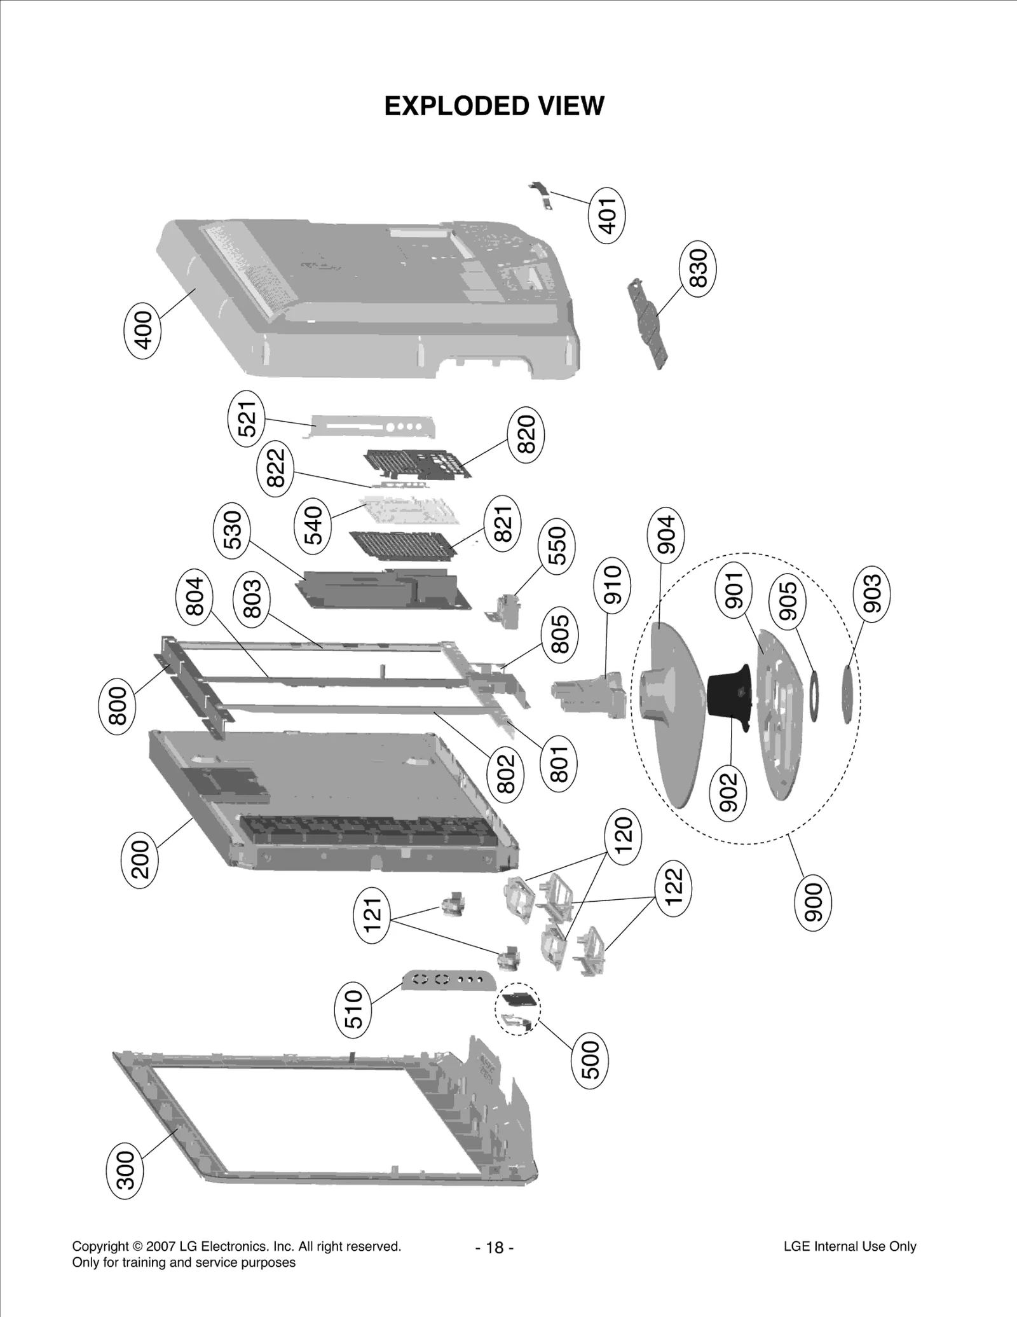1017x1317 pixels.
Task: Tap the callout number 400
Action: tap(142, 329)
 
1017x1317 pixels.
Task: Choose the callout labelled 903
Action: tap(871, 593)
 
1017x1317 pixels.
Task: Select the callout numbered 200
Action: tap(139, 859)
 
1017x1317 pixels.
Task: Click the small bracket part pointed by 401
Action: tap(540, 193)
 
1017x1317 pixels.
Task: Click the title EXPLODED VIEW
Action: tap(495, 106)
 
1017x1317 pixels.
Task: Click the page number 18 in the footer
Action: tap(495, 1247)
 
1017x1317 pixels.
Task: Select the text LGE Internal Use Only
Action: tap(850, 1246)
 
